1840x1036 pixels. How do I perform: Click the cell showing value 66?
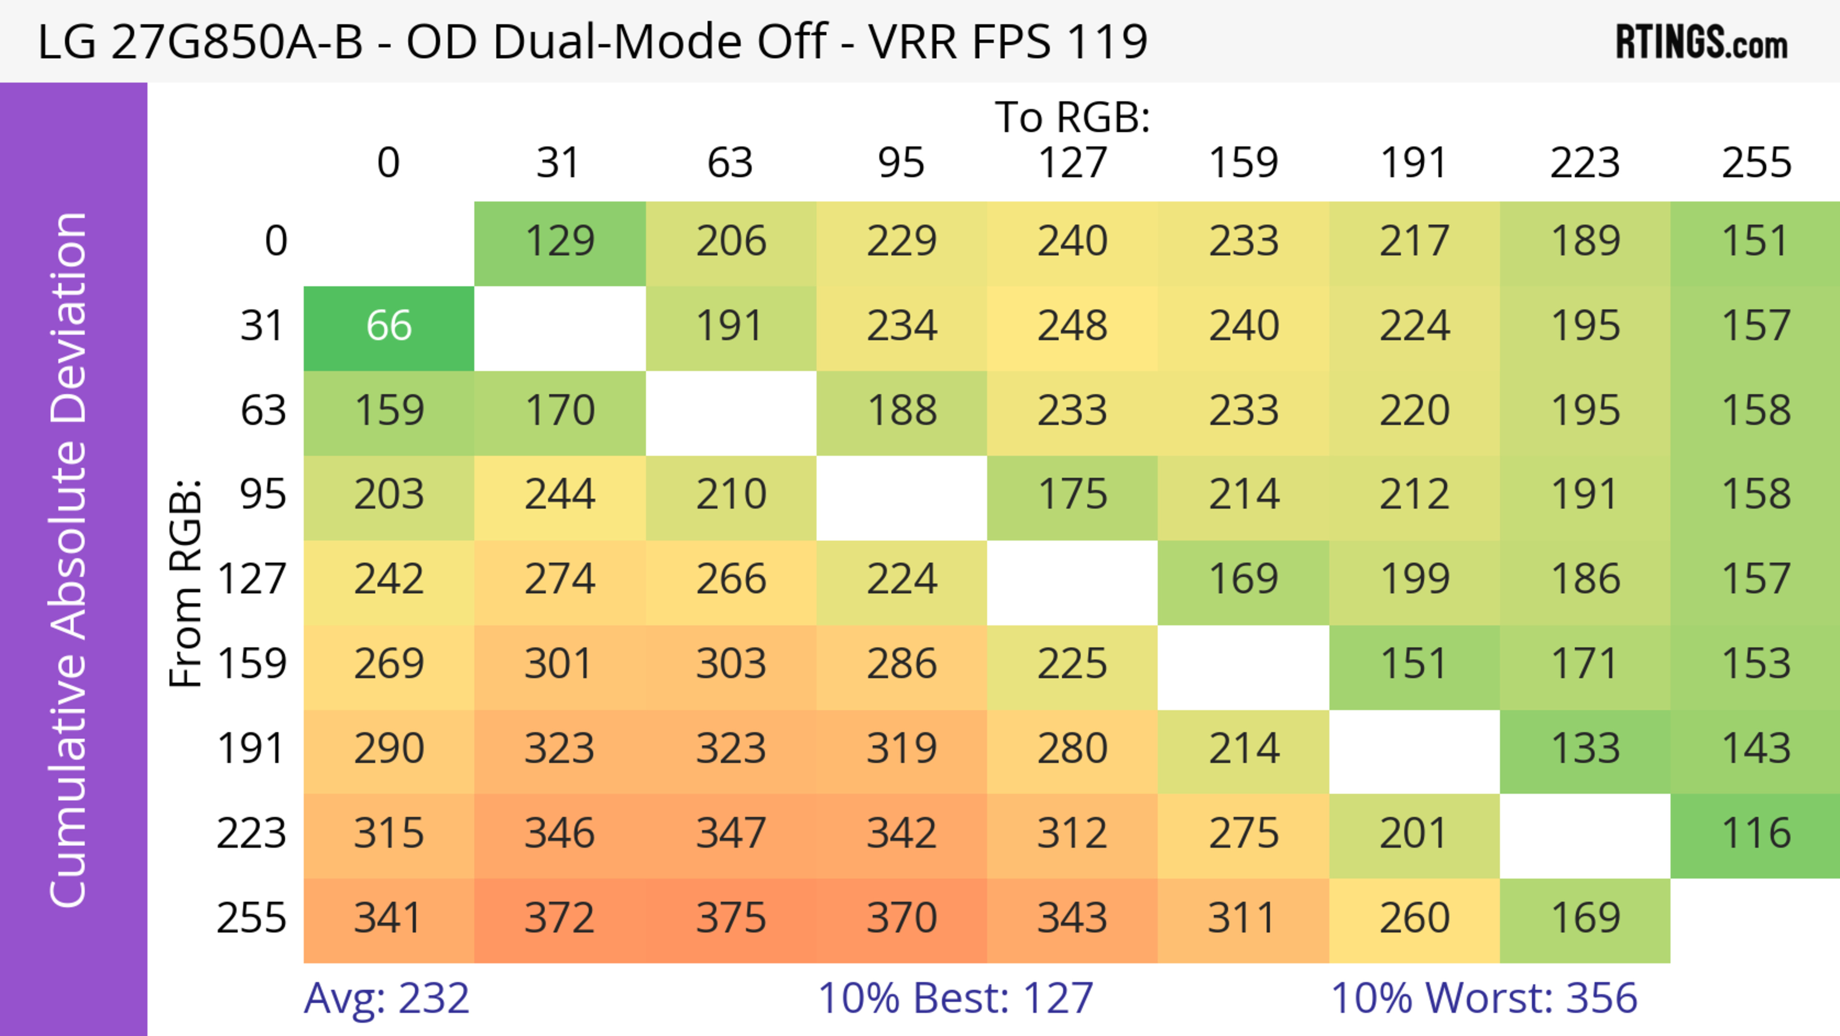tap(389, 326)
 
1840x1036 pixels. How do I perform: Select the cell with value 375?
tap(731, 918)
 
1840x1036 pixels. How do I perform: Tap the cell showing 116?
tap(1756, 834)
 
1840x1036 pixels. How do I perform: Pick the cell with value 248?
tap(1072, 326)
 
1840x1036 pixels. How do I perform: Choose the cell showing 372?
tap(560, 918)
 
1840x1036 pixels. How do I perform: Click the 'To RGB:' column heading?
tap(1072, 117)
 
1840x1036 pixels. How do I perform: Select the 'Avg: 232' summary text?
tap(386, 998)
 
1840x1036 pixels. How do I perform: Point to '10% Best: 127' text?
tap(955, 998)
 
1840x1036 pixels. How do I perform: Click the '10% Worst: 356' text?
tap(1483, 998)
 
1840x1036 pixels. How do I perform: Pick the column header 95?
tap(901, 163)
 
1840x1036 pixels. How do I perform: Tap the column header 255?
tap(1756, 163)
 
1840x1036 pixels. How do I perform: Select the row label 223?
tap(252, 834)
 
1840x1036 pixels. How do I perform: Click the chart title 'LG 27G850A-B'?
tap(200, 41)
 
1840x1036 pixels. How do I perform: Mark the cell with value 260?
tap(1414, 918)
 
